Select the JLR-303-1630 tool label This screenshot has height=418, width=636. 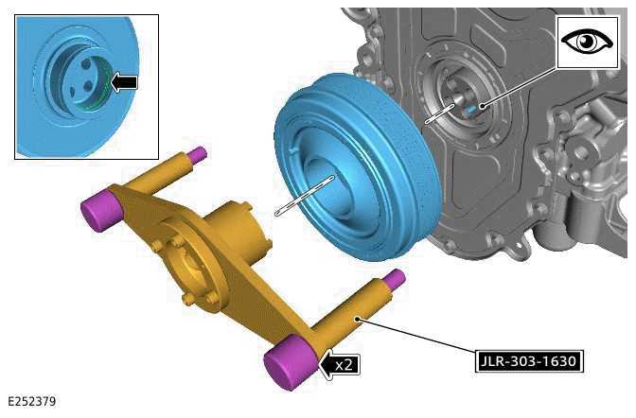click(x=528, y=360)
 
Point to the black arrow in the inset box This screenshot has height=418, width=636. click(x=123, y=82)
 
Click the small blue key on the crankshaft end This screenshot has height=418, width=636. click(x=470, y=107)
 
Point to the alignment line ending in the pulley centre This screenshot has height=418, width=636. click(x=303, y=196)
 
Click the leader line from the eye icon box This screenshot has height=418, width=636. click(x=521, y=84)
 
